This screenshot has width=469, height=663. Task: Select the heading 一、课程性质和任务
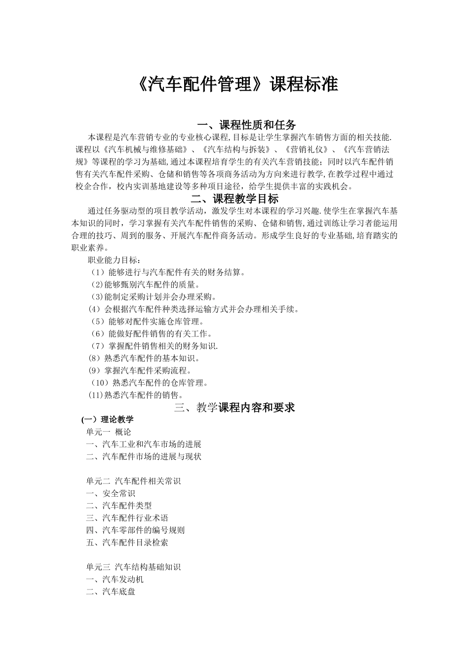[x=246, y=124]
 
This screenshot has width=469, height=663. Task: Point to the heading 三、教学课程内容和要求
[x=234, y=407]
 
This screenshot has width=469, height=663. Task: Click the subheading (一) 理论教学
[x=108, y=420]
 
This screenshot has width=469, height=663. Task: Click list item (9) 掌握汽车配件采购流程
[x=140, y=370]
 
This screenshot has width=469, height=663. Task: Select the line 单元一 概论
[x=109, y=432]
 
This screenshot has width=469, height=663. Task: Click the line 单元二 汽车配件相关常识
[x=133, y=481]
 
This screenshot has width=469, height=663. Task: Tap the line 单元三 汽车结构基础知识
[x=133, y=567]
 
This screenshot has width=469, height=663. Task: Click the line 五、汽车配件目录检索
[x=127, y=543]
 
